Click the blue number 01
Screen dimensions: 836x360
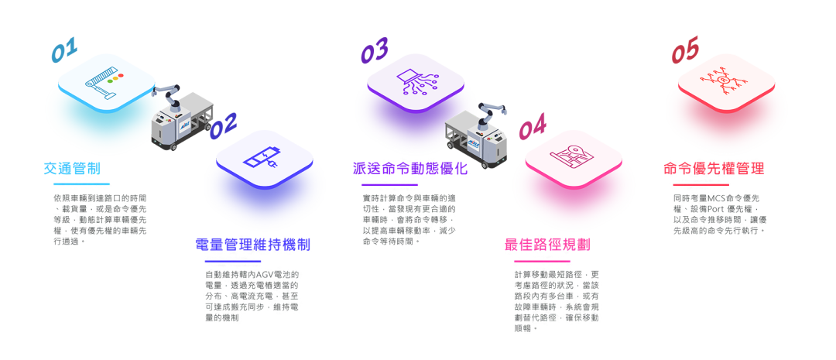tap(64, 50)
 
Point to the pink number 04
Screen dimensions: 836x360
tap(532, 126)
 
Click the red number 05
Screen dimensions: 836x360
tap(685, 52)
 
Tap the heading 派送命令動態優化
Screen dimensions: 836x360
tap(399, 169)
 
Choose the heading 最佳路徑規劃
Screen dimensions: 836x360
tap(547, 245)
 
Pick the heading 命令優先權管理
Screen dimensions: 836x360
tap(714, 169)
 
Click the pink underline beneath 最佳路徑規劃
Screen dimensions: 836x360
tap(541, 261)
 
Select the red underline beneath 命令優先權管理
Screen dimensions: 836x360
tap(701, 185)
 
